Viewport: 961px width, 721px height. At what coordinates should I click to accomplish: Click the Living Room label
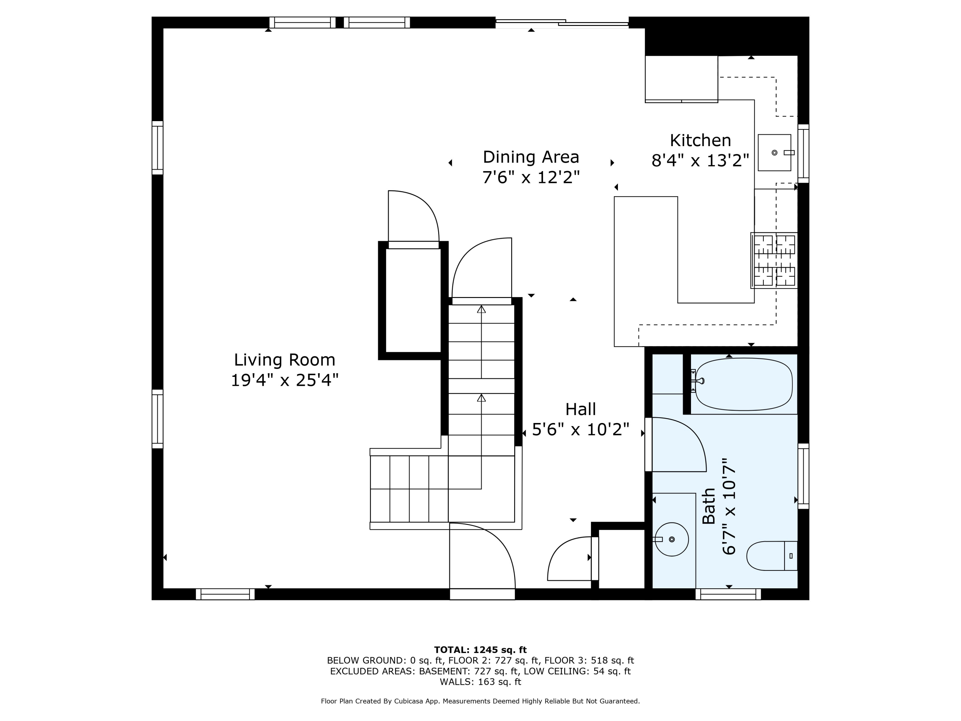coord(284,360)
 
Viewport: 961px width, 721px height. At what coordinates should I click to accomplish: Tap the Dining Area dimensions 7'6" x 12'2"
coord(531,177)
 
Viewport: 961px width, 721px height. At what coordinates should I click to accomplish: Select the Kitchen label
coord(700,140)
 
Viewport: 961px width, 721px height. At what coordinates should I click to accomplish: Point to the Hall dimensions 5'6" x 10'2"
coord(580,429)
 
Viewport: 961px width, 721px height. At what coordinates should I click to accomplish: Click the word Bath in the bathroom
coord(709,506)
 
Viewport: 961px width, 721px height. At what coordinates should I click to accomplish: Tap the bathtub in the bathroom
coord(743,384)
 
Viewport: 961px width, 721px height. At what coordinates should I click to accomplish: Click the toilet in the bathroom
coord(772,556)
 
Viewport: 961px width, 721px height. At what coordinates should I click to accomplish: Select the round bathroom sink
coord(672,539)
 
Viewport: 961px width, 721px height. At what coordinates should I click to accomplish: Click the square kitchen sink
coord(774,153)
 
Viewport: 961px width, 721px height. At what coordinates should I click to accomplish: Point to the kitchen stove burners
coord(774,260)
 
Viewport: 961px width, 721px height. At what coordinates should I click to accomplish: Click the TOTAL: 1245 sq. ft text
coord(480,650)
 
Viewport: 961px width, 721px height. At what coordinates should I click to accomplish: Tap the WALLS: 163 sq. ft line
coord(480,682)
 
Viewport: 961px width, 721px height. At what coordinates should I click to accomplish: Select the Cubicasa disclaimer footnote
coord(480,701)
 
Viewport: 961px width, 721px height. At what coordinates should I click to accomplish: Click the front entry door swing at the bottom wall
coord(482,556)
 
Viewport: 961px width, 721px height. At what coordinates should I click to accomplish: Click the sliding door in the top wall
coord(562,23)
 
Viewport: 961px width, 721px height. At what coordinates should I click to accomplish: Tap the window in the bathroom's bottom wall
coord(728,594)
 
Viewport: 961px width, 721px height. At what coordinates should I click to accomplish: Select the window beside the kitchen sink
coord(803,153)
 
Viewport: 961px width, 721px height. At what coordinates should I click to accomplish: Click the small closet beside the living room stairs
coord(413,300)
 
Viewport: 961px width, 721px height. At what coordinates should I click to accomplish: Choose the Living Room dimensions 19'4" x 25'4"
coord(284,380)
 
